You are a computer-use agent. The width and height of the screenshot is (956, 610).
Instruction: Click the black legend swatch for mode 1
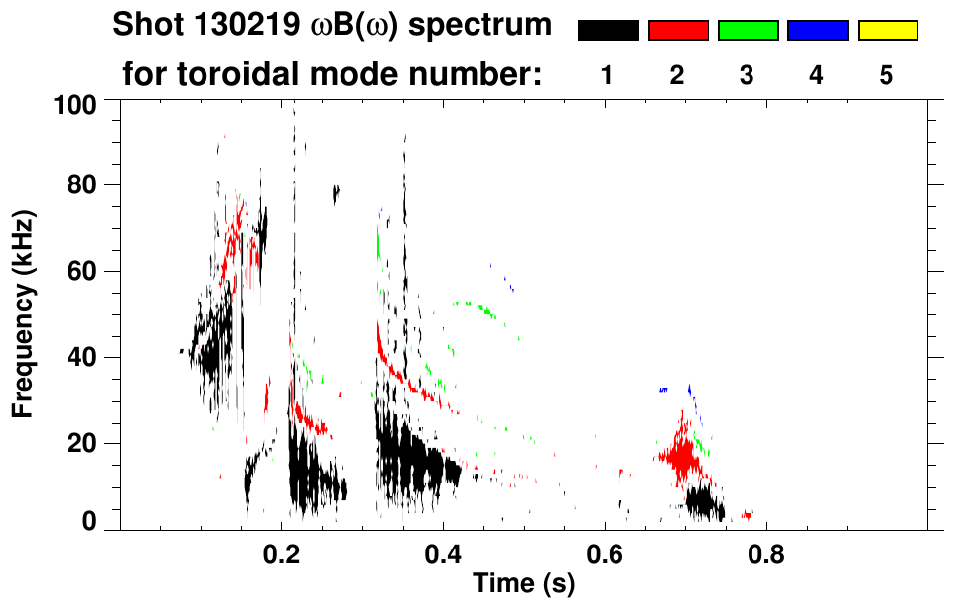tap(609, 31)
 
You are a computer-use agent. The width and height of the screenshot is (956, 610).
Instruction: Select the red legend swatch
tap(678, 31)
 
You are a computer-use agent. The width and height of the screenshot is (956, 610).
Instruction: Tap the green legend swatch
tap(748, 31)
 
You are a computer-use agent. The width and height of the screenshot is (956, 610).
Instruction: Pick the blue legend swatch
tap(817, 31)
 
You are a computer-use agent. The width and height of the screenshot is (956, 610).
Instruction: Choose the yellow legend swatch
tap(887, 31)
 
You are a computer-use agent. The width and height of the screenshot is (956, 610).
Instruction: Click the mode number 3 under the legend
tap(747, 75)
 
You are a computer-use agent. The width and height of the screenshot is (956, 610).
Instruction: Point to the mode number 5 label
tap(887, 75)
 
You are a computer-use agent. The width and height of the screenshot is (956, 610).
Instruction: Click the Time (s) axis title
tap(523, 585)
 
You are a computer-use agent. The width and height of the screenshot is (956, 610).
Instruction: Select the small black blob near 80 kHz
tap(336, 193)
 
